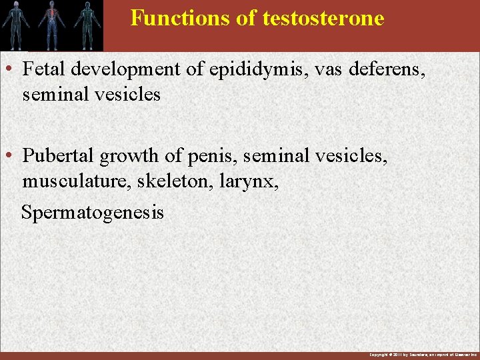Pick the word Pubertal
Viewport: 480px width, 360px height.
coord(58,155)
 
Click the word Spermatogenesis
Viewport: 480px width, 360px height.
coord(92,213)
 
